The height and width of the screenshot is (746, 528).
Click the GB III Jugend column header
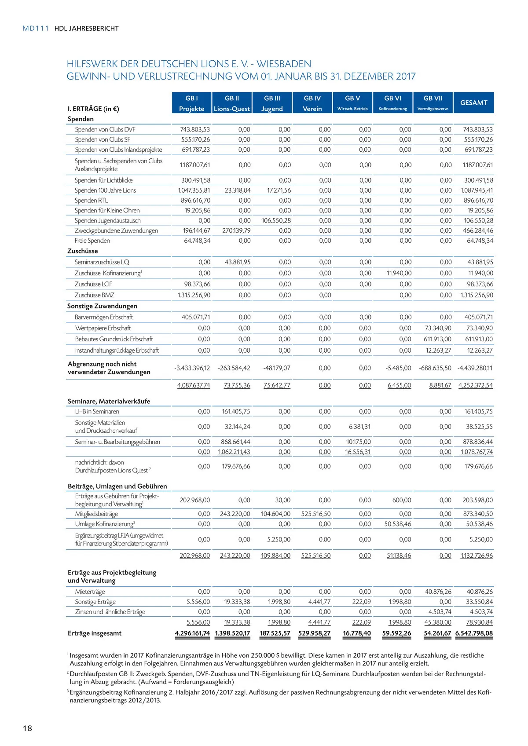[x=272, y=103]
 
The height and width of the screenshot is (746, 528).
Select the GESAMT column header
[x=473, y=103]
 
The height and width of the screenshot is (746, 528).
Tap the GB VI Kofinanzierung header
[x=392, y=103]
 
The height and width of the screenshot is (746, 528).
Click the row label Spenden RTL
[x=91, y=201]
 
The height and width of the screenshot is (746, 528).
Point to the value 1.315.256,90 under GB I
[x=194, y=295]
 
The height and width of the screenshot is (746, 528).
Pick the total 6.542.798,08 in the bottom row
[x=474, y=633]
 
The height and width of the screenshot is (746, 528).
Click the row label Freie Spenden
[x=92, y=241]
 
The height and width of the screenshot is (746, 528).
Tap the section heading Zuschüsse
[x=83, y=251]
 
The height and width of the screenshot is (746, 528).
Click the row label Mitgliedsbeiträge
[x=96, y=514]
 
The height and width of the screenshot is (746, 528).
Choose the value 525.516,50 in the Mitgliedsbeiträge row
[x=316, y=514]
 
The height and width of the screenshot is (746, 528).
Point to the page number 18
[x=27, y=728]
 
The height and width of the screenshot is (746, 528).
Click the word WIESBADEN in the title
[x=284, y=64]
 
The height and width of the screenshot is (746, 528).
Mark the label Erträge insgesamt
[x=95, y=633]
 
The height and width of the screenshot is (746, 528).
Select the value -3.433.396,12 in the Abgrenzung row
[x=192, y=368]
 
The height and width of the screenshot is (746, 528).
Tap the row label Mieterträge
[x=90, y=592]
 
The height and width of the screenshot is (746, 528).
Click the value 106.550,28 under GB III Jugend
[x=276, y=220]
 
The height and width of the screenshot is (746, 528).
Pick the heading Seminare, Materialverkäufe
[x=109, y=401]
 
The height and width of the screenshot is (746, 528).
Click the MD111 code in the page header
[x=36, y=29]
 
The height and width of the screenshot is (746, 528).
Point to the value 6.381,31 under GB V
[x=359, y=427]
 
